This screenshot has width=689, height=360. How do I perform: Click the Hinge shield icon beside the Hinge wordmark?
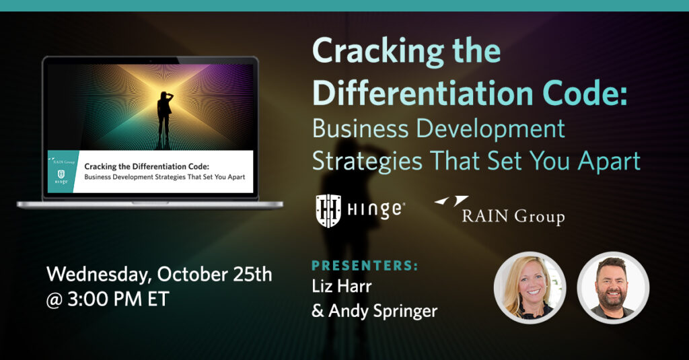point(328,211)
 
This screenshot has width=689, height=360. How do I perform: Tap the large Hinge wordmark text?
point(374,210)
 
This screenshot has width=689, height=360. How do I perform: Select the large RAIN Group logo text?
point(513,216)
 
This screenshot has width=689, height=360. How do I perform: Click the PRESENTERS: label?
point(365,266)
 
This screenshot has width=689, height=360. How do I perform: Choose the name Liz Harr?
point(342,286)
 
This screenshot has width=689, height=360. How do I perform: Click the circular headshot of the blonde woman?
point(530,287)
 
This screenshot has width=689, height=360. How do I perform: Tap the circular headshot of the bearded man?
point(613,287)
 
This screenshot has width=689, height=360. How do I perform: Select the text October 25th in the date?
point(215,275)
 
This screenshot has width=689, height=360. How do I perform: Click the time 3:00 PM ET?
point(118,299)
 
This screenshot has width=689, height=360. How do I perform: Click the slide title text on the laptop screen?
point(164,172)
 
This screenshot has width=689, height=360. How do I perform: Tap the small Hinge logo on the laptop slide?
point(61,177)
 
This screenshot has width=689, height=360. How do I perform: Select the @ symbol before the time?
point(55,300)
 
